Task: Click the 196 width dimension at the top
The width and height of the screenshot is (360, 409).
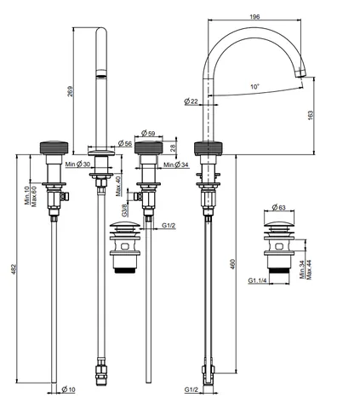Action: pyautogui.click(x=254, y=17)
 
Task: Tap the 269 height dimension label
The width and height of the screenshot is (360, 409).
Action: pyautogui.click(x=70, y=91)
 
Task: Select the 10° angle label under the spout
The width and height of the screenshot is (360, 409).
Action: pyautogui.click(x=254, y=86)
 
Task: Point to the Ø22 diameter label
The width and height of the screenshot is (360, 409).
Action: pyautogui.click(x=191, y=101)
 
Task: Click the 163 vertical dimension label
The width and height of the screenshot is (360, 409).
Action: pyautogui.click(x=311, y=115)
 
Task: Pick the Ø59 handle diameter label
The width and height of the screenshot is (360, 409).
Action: pyautogui.click(x=148, y=133)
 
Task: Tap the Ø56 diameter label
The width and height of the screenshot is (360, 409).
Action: pyautogui.click(x=125, y=143)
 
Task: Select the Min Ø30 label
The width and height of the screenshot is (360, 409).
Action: pyautogui.click(x=77, y=164)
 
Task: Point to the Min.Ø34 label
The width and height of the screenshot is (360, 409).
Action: pyautogui.click(x=176, y=164)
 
